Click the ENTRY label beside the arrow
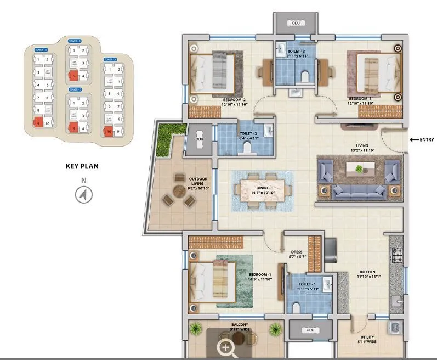click(427, 140)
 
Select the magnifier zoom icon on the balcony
click(226, 347)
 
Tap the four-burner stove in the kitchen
click(396, 254)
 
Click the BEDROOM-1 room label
click(259, 274)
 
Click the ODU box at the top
click(296, 24)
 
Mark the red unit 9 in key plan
click(38, 123)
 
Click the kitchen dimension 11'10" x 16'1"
click(371, 277)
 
